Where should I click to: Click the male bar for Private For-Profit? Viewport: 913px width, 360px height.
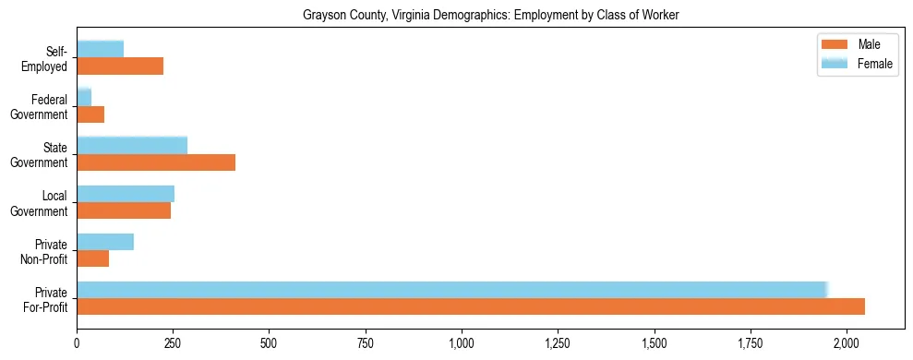pyautogui.click(x=471, y=306)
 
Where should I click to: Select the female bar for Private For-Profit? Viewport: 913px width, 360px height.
pyautogui.click(x=452, y=290)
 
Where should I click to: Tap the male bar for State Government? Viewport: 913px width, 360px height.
pyautogui.click(x=156, y=162)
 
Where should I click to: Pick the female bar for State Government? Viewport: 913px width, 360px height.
pyautogui.click(x=132, y=145)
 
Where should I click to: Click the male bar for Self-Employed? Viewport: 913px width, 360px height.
pyautogui.click(x=120, y=66)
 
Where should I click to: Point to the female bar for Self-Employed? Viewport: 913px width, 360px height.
pyautogui.click(x=100, y=49)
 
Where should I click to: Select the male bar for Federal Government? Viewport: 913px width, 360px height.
pyautogui.click(x=90, y=114)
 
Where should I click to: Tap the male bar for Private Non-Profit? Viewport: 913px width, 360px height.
pyautogui.click(x=92, y=258)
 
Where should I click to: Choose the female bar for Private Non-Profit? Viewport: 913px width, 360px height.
pyautogui.click(x=105, y=242)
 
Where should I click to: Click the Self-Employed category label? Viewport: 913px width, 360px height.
pyautogui.click(x=49, y=58)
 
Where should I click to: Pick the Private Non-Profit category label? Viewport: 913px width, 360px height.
pyautogui.click(x=47, y=251)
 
